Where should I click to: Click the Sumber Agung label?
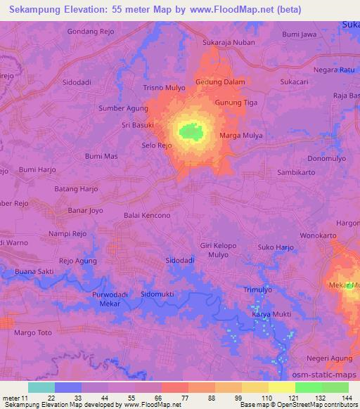click(x=124, y=108)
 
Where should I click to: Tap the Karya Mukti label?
click(x=271, y=316)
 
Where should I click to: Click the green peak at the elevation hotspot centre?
click(x=191, y=131)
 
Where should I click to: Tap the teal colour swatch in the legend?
click(x=41, y=387)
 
